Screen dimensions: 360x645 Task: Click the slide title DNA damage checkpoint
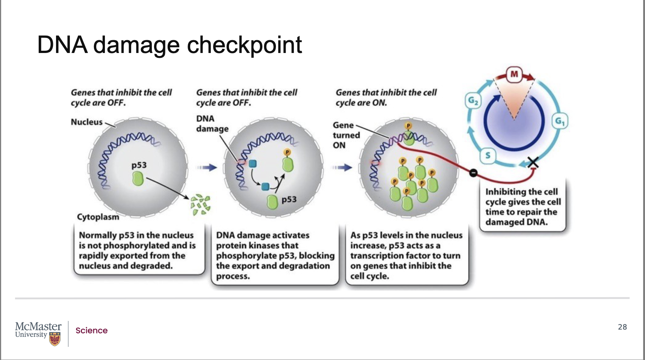coord(170,45)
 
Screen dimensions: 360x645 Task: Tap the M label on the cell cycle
coord(514,74)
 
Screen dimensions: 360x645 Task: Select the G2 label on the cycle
coord(473,101)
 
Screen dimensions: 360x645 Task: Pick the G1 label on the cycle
coord(560,121)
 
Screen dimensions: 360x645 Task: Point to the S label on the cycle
coord(488,155)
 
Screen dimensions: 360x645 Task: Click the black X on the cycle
coord(533,162)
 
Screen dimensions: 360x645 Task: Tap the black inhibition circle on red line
coord(473,172)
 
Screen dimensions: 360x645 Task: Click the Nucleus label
coord(86,122)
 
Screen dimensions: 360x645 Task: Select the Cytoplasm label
coord(98,217)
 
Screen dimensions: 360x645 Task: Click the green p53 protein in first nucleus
coord(138,178)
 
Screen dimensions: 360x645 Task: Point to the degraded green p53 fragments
coord(200,204)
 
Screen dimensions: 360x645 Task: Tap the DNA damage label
coord(212,124)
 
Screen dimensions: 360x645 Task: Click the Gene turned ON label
coord(346,135)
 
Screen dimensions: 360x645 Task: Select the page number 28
coord(622,327)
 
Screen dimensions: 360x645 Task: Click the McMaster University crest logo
coord(55,339)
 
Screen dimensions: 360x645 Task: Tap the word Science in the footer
coord(91,331)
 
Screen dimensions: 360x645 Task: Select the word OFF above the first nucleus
coord(116,103)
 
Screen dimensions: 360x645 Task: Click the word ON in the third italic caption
coord(379,103)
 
